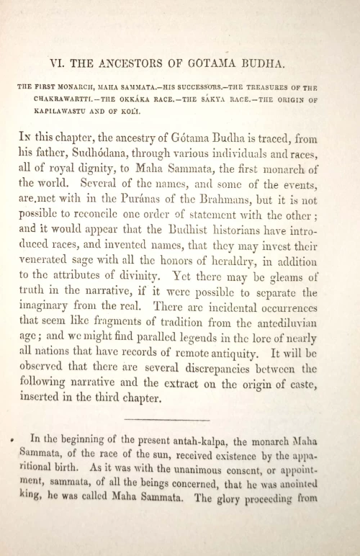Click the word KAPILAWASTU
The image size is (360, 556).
click(47, 113)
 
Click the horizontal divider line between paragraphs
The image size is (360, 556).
click(166, 421)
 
